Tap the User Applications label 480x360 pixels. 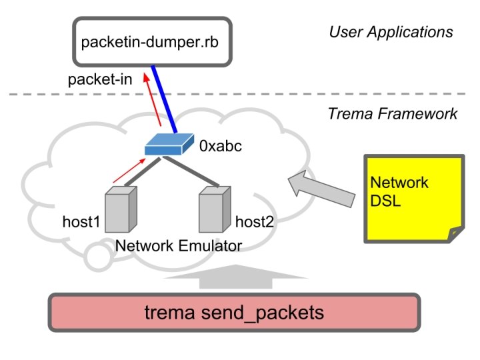click(x=391, y=32)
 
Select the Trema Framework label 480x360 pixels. click(x=393, y=114)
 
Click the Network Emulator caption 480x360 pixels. click(x=178, y=246)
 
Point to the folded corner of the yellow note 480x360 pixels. click(x=455, y=234)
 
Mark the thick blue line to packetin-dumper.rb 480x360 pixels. click(x=165, y=98)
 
